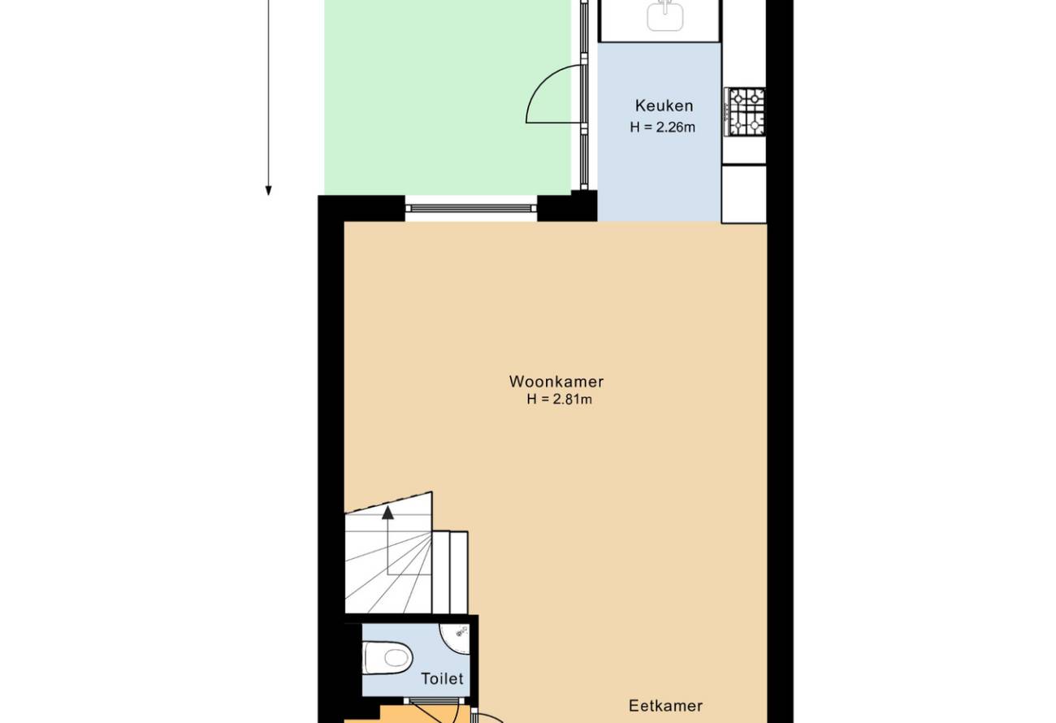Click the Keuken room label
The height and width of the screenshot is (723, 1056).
click(664, 106)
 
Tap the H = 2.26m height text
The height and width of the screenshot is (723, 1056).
click(662, 128)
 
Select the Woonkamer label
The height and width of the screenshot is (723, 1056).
click(556, 381)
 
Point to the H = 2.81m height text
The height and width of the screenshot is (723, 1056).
click(559, 399)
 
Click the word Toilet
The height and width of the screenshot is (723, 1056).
click(442, 678)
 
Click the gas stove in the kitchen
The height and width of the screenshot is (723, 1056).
click(745, 112)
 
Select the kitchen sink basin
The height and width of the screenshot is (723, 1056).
click(664, 15)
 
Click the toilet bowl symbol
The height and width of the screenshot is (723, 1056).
click(387, 657)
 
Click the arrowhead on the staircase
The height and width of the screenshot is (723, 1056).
click(387, 513)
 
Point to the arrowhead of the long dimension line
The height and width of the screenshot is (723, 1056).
click(268, 190)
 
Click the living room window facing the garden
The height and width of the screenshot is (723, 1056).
click(471, 208)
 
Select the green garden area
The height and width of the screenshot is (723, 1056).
click(448, 97)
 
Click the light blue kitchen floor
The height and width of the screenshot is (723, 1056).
click(659, 132)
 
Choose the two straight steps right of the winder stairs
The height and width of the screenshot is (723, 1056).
click(450, 572)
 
